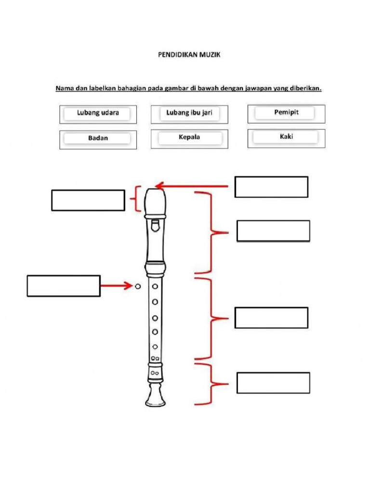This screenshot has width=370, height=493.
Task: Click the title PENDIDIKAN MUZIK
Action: [189, 55]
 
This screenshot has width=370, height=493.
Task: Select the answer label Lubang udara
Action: [98, 114]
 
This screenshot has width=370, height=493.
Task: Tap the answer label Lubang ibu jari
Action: [189, 114]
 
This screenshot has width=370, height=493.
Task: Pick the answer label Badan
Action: [98, 139]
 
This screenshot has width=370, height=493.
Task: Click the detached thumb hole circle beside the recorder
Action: [138, 286]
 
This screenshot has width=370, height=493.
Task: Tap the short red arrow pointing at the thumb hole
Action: [116, 286]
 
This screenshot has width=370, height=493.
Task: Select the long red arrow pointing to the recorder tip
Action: [193, 185]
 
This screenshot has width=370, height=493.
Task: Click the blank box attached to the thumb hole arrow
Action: [64, 285]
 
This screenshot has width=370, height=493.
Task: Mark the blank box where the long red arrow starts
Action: [271, 187]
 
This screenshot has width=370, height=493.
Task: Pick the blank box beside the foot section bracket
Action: [273, 383]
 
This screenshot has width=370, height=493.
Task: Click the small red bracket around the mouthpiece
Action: [138, 199]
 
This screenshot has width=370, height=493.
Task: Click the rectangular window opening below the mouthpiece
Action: [154, 225]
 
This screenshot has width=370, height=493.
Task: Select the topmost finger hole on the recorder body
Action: [155, 286]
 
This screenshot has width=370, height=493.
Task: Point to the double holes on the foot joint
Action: [155, 373]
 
